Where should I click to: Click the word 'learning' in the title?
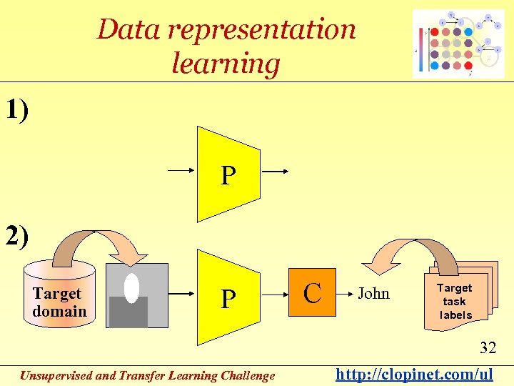click(x=226, y=64)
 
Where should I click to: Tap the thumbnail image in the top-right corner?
click(x=458, y=44)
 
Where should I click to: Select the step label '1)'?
click(x=17, y=111)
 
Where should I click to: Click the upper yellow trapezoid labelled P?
click(x=228, y=174)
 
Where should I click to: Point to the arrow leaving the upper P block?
click(x=275, y=172)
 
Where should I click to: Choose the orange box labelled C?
click(x=311, y=293)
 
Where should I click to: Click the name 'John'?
click(x=373, y=293)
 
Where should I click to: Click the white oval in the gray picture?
click(x=131, y=287)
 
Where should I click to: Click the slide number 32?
click(x=488, y=348)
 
